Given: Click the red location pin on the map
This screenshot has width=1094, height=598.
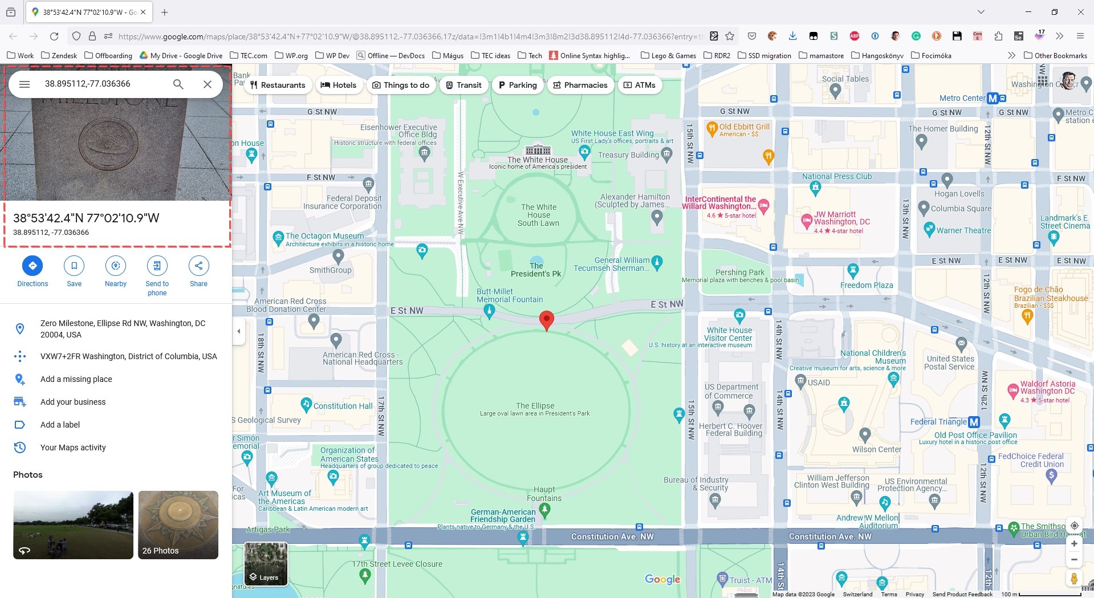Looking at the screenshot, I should pos(546,320).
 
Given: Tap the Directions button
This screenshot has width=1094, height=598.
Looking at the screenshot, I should pos(32,266).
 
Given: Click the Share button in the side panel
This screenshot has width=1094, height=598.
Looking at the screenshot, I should pos(198,266).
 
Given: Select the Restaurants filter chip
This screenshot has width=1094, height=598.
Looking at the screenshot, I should pos(278,85).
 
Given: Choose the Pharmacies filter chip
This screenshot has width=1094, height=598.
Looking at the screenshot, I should pos(580,85).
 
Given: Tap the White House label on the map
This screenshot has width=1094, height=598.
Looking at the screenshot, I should pos(538,160).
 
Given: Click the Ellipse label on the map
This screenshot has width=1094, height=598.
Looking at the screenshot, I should pos(535,406).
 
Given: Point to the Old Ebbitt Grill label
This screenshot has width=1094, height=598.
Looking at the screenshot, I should pos(744,127).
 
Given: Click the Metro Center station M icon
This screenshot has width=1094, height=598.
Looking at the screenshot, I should pos(993,98).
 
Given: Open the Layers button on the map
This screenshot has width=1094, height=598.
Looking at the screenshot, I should pos(266,564).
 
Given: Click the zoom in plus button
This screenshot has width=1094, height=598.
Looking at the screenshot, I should pos(1073,544).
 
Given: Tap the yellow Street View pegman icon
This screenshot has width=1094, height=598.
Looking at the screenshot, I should pos(1073,578).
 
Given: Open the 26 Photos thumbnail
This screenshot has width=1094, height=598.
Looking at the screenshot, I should pos(178,524).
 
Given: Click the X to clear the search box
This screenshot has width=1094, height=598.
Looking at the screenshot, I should pos(208,84).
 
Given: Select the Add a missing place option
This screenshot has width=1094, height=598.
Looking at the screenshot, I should pos(76,379).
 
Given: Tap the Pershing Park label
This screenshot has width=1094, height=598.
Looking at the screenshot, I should pos(740,272).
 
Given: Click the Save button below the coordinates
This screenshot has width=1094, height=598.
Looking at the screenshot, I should pos(74,266).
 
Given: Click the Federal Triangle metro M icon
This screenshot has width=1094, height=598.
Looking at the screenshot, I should pos(974,422).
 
